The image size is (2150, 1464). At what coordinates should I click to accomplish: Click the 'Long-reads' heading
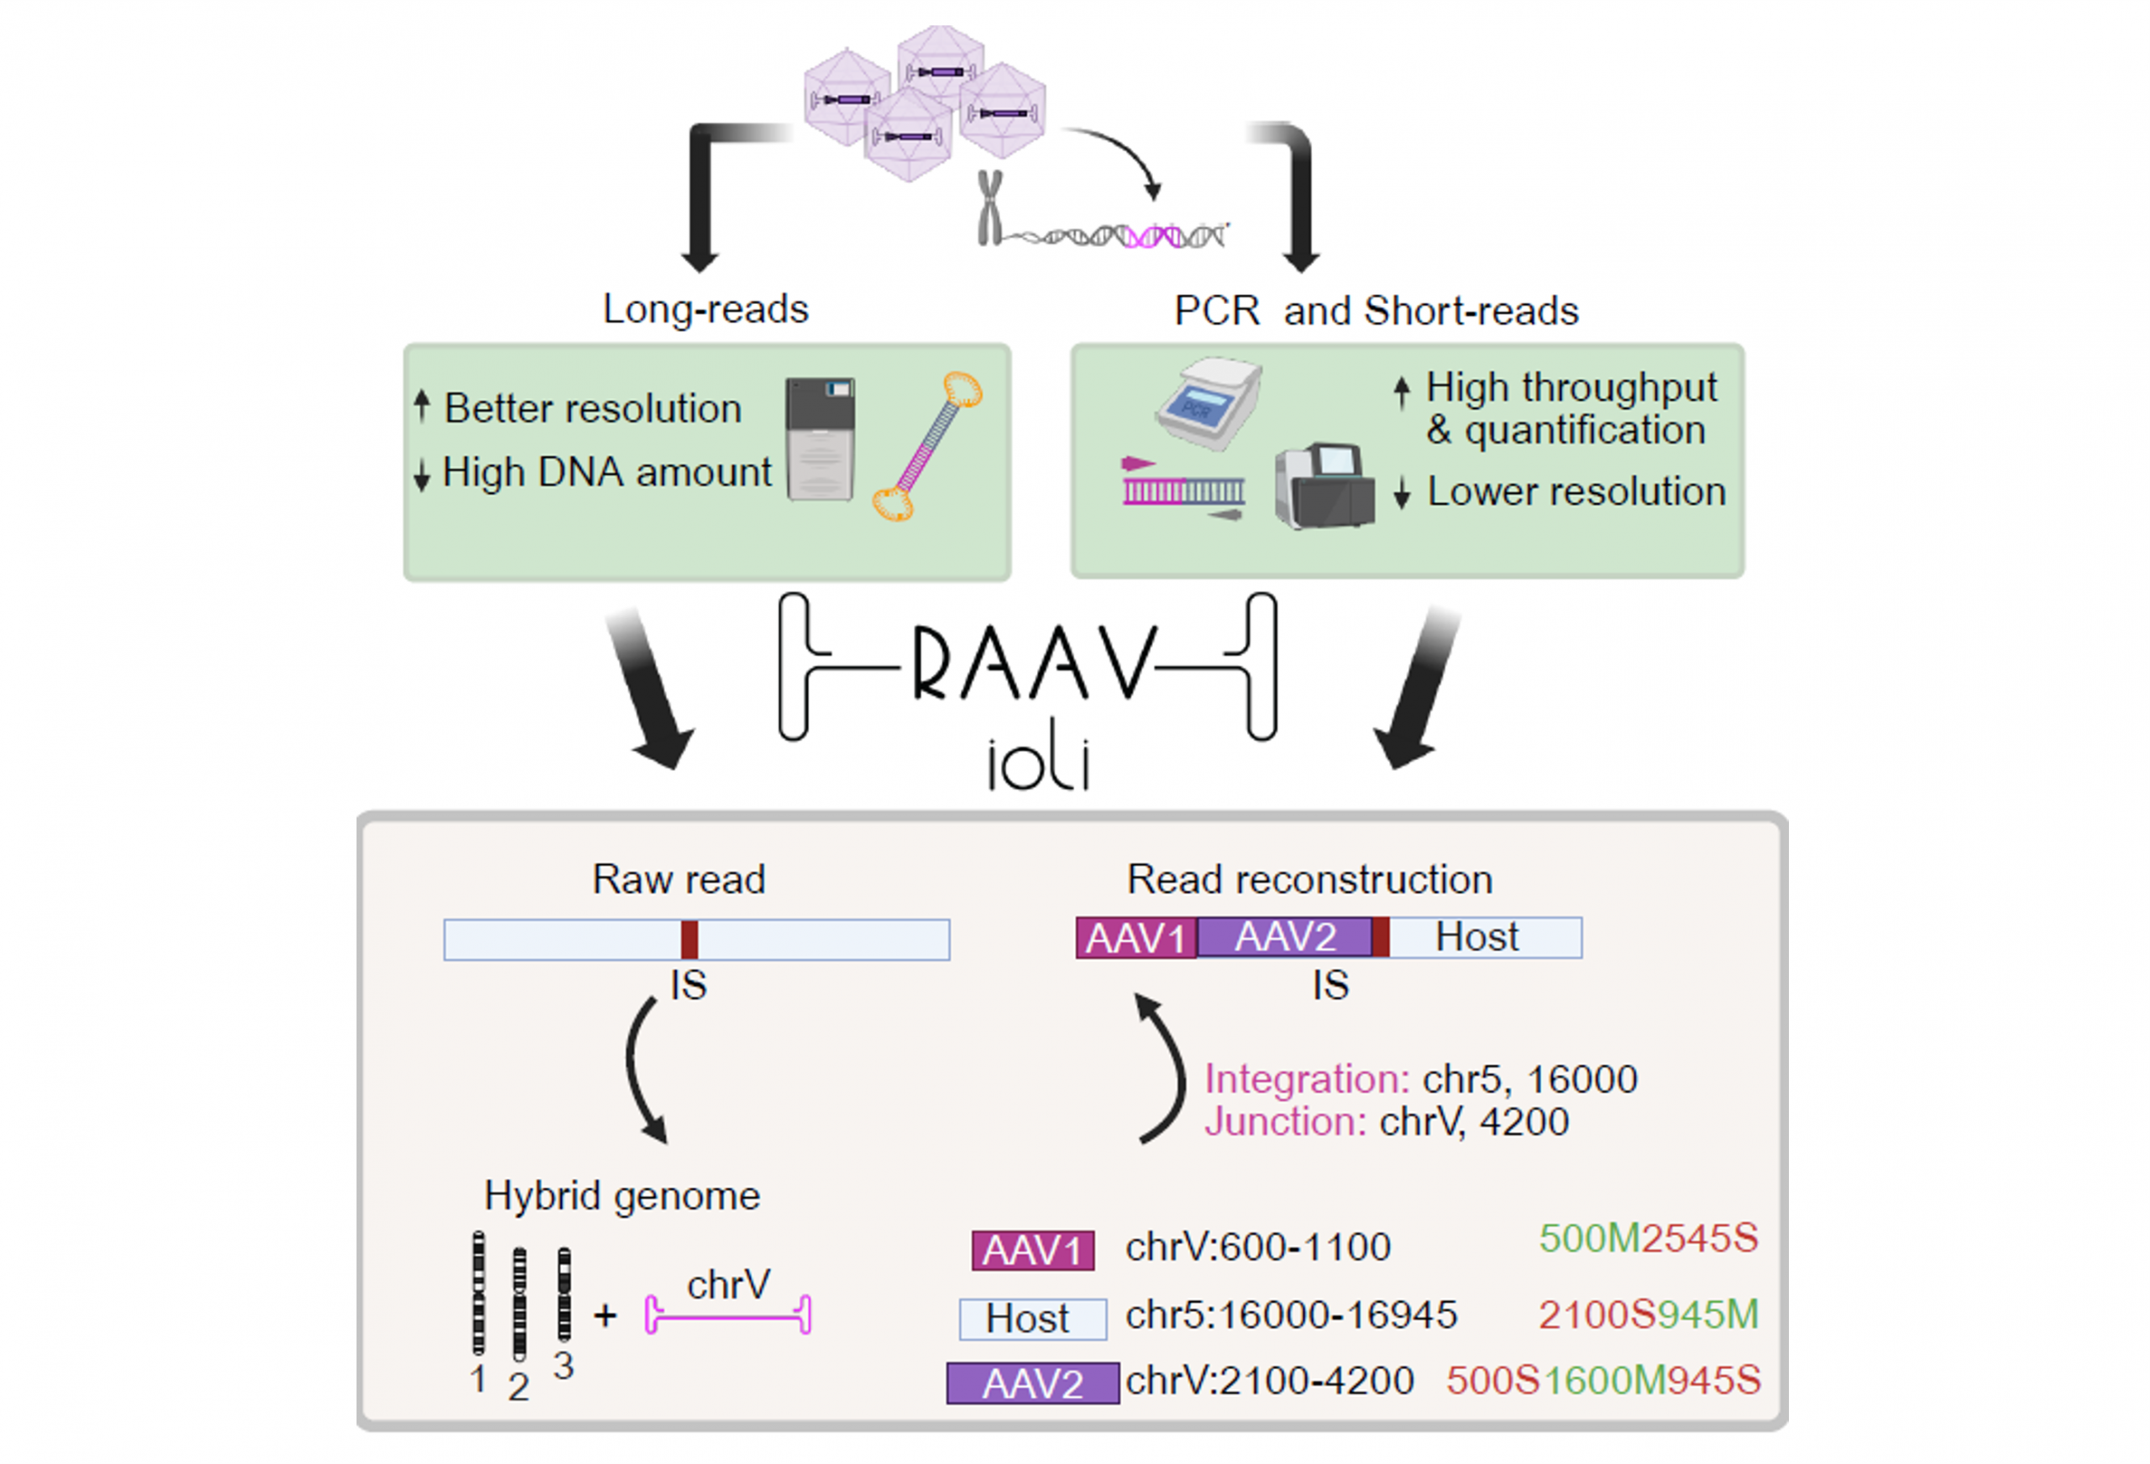tap(705, 309)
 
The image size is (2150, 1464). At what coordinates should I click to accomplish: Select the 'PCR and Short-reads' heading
tap(1375, 311)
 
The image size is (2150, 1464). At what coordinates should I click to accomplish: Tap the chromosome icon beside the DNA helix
tap(990, 207)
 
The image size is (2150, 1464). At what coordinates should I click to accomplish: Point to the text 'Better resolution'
tap(592, 408)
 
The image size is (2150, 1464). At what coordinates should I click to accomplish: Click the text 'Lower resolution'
tap(1576, 491)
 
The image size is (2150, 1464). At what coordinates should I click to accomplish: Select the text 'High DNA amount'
tap(606, 472)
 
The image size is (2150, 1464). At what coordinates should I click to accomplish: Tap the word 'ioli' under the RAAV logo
tap(1038, 764)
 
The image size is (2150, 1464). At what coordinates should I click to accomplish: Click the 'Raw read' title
tap(678, 879)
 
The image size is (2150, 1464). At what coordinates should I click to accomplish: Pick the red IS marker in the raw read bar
tap(690, 939)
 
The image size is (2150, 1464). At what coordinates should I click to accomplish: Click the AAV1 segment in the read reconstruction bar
tap(1135, 938)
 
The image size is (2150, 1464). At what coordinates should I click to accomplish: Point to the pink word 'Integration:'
tap(1306, 1079)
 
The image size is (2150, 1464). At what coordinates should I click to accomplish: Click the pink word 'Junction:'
tap(1285, 1121)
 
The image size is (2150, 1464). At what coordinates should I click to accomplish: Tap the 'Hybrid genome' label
tap(621, 1195)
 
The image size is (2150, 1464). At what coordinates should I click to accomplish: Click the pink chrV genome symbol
tap(727, 1314)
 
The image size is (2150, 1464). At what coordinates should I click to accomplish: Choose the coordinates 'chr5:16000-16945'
tap(1291, 1314)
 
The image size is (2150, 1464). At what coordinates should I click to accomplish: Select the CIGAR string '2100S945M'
tap(1648, 1314)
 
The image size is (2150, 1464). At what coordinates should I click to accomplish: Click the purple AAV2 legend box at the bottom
tap(1032, 1383)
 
